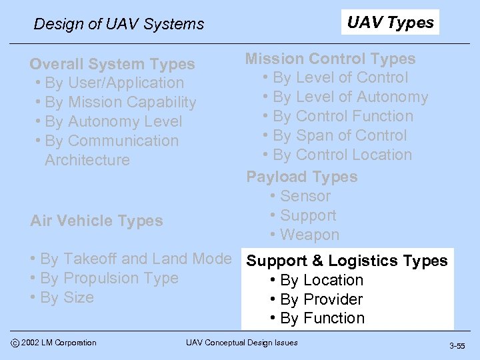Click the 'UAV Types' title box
390,23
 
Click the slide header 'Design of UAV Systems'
119,24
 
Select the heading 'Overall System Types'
112,64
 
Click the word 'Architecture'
87,160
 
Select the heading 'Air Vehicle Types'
97,221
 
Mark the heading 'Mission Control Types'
330,59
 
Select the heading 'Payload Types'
302,177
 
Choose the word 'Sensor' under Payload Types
305,196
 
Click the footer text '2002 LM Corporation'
58,343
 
